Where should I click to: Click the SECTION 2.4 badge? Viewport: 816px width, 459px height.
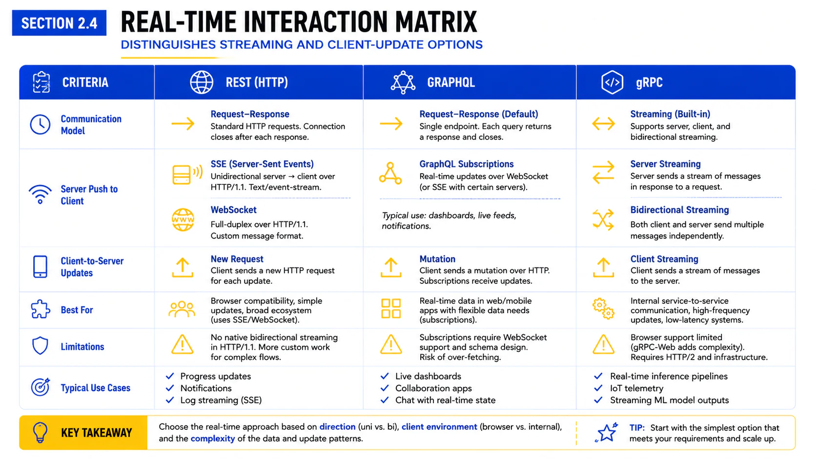coord(59,23)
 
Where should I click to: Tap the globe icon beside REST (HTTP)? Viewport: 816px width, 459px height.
coord(202,82)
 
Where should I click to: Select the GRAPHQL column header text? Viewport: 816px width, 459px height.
coord(451,82)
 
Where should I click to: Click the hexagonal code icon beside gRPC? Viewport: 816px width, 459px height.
coord(612,82)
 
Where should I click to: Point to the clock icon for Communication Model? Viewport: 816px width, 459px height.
coord(40,124)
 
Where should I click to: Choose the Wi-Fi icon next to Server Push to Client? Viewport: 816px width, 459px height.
coord(40,194)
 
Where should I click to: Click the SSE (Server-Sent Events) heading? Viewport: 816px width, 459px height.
coord(262,164)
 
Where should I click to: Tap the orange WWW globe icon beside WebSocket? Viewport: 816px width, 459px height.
coord(183,220)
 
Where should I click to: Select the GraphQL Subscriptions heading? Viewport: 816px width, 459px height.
coord(466,164)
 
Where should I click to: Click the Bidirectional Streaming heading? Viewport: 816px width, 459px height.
coord(679,210)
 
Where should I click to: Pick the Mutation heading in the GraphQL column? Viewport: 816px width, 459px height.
coord(437,259)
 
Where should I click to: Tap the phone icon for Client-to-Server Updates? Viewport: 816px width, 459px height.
coord(40,266)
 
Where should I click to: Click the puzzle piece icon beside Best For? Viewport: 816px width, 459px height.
coord(40,309)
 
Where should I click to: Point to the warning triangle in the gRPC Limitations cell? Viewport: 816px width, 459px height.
coord(603,344)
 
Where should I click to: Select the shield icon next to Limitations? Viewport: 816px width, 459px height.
coord(40,345)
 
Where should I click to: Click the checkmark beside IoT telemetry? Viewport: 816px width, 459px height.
coord(598,388)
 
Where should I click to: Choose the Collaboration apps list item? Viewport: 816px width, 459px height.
coord(433,388)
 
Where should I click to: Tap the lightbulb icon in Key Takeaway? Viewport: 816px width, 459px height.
coord(40,433)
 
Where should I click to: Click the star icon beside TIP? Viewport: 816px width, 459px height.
coord(607,432)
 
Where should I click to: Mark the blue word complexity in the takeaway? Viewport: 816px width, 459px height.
coord(213,439)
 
